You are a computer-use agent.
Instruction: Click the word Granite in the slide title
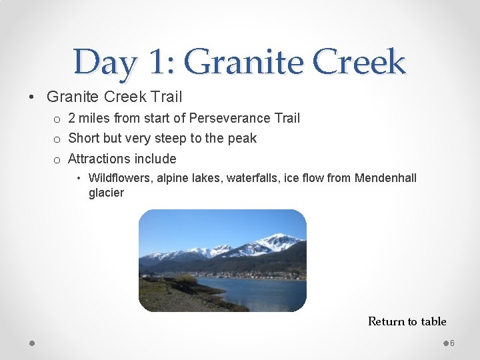click(244, 63)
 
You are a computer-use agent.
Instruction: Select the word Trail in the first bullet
click(167, 97)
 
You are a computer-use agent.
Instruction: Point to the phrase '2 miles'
click(89, 118)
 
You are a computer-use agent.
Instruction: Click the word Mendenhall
click(385, 178)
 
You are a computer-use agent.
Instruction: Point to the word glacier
click(106, 193)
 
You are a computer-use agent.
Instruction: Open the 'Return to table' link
click(407, 321)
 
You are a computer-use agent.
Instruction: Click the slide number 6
click(452, 343)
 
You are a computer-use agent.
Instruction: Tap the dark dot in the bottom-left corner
click(32, 343)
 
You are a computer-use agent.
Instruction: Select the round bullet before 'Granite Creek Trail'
click(33, 97)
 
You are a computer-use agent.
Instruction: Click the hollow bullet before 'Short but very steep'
click(57, 139)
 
